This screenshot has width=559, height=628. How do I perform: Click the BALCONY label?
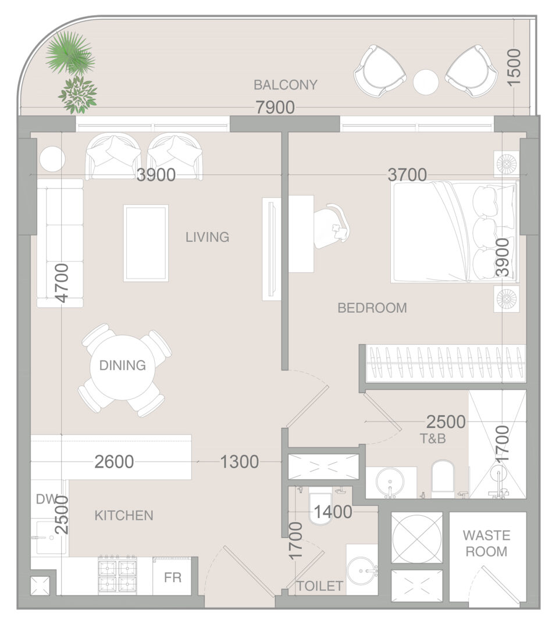tap(285, 85)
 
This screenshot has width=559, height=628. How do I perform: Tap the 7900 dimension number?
tap(275, 108)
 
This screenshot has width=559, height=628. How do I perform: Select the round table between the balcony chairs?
tap(426, 82)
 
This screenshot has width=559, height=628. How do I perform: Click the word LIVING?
tap(207, 237)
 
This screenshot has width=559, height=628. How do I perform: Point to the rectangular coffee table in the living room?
tap(146, 243)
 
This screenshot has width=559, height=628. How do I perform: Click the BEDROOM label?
tap(372, 308)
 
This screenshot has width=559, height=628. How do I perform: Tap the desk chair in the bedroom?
tap(332, 226)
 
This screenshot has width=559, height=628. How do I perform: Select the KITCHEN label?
tap(124, 515)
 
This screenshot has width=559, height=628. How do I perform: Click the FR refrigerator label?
tap(173, 577)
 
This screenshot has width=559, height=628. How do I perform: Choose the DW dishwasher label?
tap(47, 499)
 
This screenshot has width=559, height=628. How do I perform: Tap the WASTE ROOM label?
tap(486, 544)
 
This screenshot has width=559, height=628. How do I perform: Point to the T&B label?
tap(433, 439)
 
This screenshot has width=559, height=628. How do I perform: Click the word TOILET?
tap(320, 586)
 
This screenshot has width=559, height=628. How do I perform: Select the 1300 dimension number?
tap(240, 462)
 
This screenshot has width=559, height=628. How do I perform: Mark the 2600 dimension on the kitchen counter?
tap(114, 462)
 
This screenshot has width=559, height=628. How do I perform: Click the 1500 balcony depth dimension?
tap(514, 67)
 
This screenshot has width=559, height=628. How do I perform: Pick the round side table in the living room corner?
tap(52, 159)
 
